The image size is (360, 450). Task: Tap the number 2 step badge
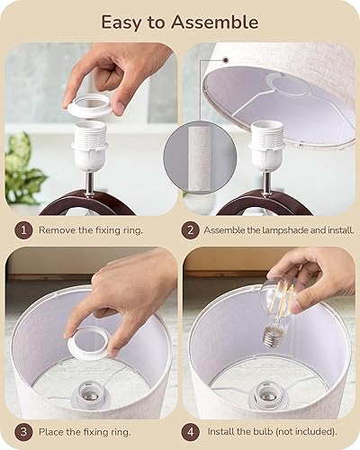tap(189, 230)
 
